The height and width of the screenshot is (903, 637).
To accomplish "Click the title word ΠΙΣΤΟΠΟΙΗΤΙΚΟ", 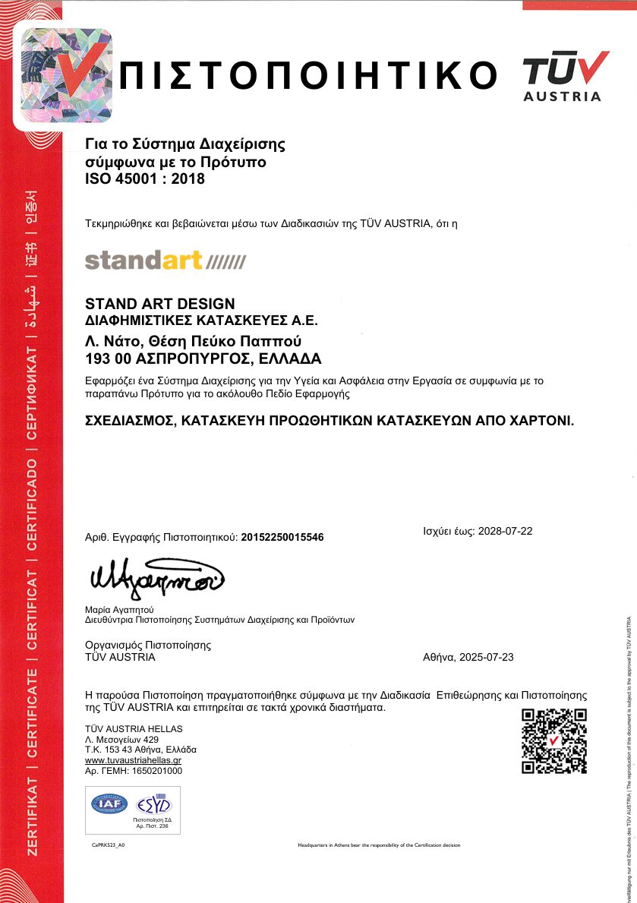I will [308, 74].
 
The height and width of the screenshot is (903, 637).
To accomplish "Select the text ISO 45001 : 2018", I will [145, 179].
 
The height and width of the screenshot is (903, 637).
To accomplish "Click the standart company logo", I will [166, 260].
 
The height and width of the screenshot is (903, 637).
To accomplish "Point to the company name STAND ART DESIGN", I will [160, 304].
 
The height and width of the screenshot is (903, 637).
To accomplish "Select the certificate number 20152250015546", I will [282, 537].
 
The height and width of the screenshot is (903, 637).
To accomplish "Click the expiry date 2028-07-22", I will [505, 531].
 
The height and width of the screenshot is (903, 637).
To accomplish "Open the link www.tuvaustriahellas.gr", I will [133, 759].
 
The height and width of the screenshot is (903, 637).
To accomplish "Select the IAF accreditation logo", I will [110, 804].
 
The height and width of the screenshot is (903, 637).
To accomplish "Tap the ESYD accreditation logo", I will [153, 804].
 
